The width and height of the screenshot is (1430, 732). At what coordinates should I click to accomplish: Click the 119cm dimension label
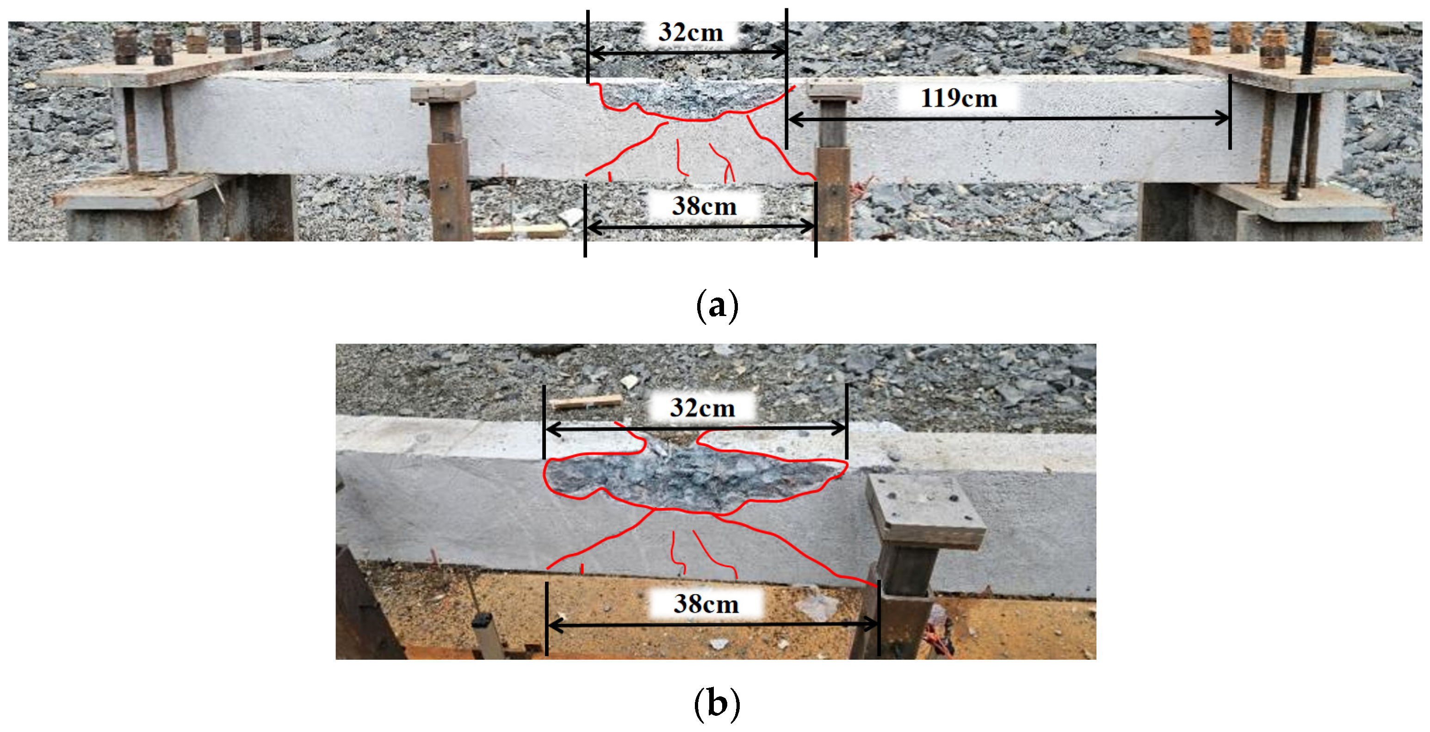(959, 98)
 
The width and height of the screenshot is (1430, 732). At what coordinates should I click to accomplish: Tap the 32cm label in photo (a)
(691, 32)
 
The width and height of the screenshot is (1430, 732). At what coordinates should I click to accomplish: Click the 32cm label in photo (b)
(702, 408)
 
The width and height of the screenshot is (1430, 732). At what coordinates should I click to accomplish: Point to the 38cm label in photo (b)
(706, 604)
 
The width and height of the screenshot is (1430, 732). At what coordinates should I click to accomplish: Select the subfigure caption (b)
(717, 704)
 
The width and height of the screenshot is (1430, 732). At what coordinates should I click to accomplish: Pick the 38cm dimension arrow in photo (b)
(713, 624)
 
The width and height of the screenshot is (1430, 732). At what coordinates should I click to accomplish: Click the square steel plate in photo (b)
(925, 511)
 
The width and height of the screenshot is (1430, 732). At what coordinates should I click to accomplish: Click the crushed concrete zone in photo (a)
(691, 100)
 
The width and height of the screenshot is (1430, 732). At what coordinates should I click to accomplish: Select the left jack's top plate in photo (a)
(443, 92)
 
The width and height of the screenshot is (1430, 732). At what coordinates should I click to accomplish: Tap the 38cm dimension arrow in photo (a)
(700, 227)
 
